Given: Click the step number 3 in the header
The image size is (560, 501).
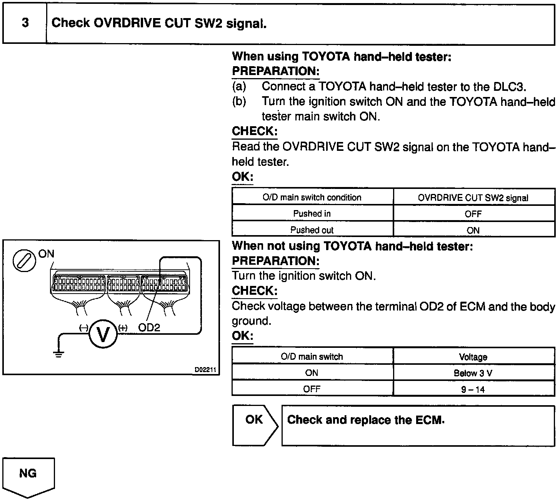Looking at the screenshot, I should pyautogui.click(x=25, y=23).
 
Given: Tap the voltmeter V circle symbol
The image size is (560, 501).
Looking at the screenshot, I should pyautogui.click(x=103, y=334).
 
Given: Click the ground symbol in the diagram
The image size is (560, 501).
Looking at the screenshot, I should pyautogui.click(x=58, y=354).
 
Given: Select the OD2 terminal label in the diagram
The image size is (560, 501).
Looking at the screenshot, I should pyautogui.click(x=149, y=327).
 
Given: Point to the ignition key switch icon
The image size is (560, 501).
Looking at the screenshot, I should pyautogui.click(x=24, y=261).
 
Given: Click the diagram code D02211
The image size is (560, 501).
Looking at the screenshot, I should pyautogui.click(x=205, y=369).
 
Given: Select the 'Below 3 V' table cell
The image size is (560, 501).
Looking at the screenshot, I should pyautogui.click(x=473, y=373).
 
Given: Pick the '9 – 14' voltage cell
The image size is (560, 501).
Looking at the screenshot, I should pyautogui.click(x=473, y=389).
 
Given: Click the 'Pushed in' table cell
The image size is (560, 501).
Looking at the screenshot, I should pyautogui.click(x=312, y=214).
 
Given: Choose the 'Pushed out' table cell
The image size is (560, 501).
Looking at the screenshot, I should pyautogui.click(x=312, y=230).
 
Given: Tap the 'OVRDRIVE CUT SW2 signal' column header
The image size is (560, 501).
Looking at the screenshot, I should pyautogui.click(x=473, y=198).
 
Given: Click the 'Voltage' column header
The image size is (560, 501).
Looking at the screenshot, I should pyautogui.click(x=473, y=357).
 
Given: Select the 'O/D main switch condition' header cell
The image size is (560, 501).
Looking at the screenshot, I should pyautogui.click(x=312, y=197).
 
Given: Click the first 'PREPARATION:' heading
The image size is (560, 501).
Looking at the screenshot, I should pyautogui.click(x=275, y=71).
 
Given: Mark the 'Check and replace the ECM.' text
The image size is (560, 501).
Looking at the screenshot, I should pyautogui.click(x=366, y=420).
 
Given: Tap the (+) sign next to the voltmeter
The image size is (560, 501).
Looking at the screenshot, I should pyautogui.click(x=123, y=328).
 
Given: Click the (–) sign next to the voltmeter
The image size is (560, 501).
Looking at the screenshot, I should pyautogui.click(x=83, y=328).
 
